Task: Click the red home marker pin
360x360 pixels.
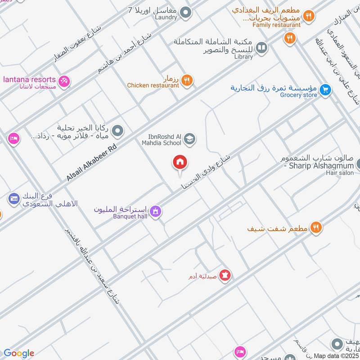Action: click(180, 163)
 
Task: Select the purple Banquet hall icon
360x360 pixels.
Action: click(156, 210)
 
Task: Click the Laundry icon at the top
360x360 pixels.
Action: click(185, 12)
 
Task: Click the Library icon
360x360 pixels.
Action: click(261, 47)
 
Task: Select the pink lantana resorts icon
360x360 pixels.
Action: click(64, 81)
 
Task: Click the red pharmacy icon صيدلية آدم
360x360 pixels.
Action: click(225, 274)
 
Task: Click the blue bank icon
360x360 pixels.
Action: click(14, 198)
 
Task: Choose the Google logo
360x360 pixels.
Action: click(18, 353)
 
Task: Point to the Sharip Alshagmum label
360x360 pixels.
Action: click(315, 166)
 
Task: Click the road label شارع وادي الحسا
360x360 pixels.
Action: click(205, 171)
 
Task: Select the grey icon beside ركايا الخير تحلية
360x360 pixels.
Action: click(117, 131)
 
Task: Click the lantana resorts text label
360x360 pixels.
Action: click(29, 79)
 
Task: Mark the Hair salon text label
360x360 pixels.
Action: click(341, 173)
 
